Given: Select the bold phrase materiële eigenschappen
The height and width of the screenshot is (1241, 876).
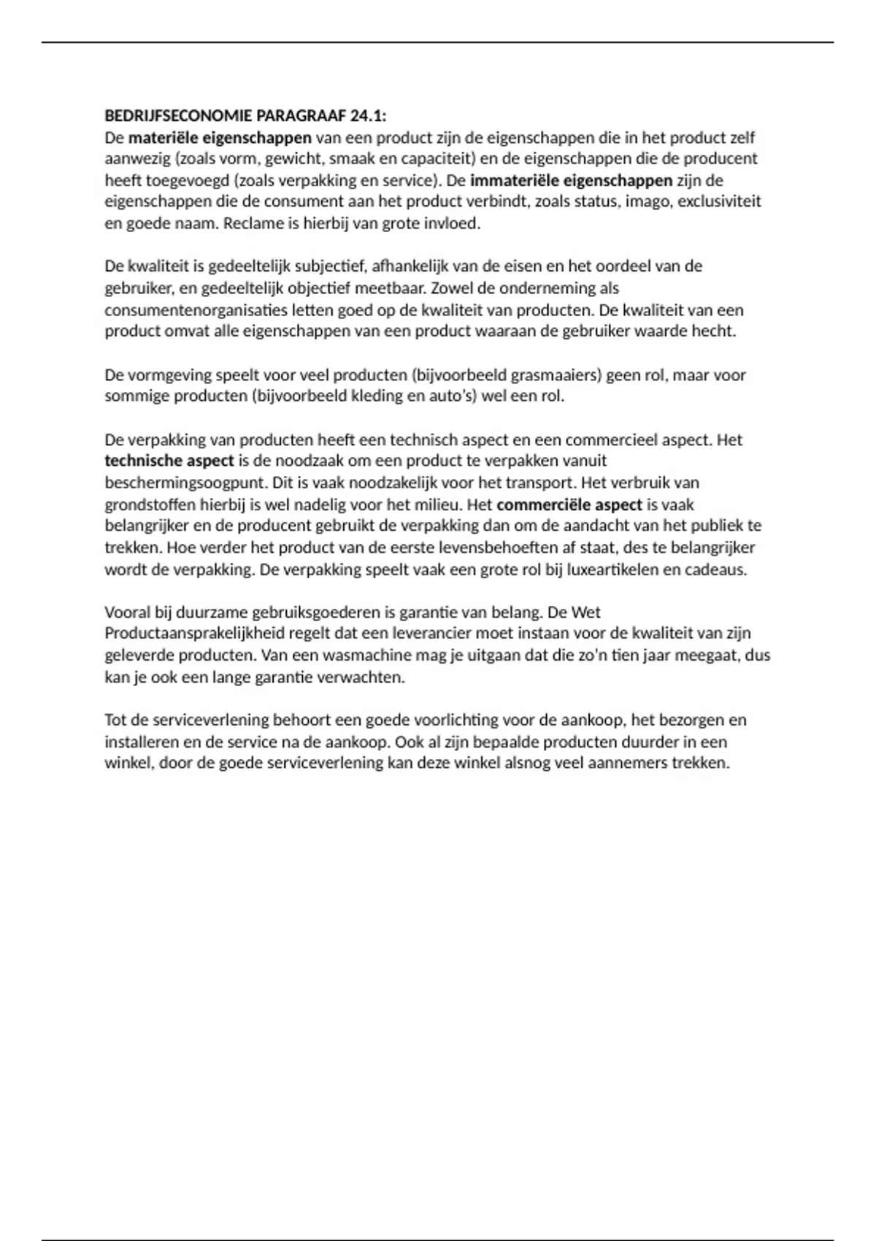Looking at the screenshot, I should click(220, 137).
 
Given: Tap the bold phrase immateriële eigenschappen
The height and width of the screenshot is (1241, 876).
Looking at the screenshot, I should click(571, 180).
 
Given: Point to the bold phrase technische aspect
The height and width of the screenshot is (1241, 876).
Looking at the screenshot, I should click(169, 461).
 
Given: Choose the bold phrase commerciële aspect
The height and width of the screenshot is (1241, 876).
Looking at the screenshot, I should click(569, 504).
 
